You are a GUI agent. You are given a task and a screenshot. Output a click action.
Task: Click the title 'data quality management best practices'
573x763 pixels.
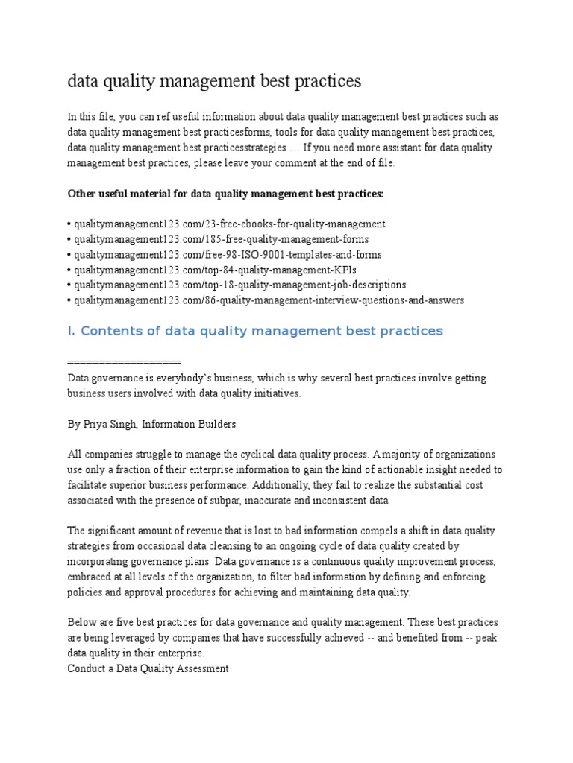[214, 81]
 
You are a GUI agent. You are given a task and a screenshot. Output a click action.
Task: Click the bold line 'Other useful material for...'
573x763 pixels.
[225, 193]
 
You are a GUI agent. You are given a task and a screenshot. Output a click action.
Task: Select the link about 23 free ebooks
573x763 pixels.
[228, 224]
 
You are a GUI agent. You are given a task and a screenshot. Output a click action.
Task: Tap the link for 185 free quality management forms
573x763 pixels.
[220, 239]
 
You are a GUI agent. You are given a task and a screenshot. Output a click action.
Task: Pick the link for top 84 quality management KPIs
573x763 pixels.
[208, 270]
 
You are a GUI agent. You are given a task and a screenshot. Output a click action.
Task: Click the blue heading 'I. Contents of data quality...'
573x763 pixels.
[255, 331]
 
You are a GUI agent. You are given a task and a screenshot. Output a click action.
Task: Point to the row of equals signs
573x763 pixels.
[124, 362]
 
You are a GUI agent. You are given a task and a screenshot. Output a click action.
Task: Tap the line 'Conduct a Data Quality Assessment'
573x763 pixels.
[148, 669]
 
